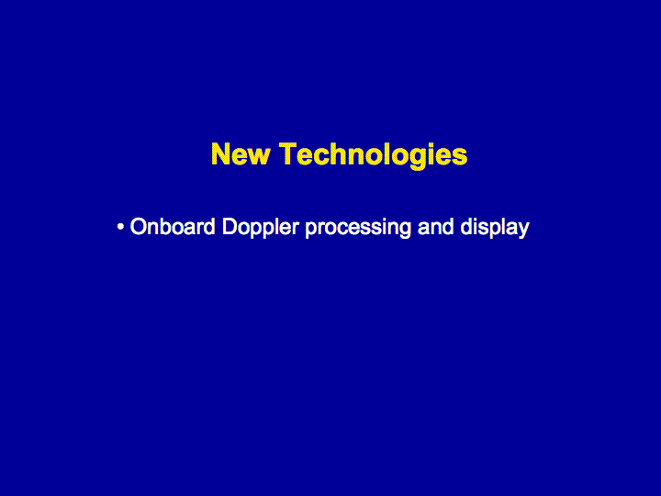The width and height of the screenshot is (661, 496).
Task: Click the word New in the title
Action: (241, 154)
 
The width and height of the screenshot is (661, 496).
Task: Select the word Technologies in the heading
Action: (374, 155)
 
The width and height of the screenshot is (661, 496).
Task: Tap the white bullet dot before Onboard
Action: (120, 227)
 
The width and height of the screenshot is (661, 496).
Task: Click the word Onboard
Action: (173, 227)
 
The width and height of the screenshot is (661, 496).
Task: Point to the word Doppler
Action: (261, 228)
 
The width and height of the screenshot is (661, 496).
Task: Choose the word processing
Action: (358, 228)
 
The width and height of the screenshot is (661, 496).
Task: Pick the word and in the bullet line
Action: (435, 227)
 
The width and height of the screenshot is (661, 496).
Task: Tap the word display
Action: (495, 228)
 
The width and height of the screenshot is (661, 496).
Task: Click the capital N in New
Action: (221, 154)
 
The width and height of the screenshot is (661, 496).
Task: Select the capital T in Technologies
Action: (288, 154)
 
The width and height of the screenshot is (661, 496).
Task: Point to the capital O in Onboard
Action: (139, 227)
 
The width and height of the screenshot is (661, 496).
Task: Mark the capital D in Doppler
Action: (230, 227)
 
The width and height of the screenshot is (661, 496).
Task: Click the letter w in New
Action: (259, 157)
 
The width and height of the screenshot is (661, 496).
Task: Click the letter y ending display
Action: (523, 231)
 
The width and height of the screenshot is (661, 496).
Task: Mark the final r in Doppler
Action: (296, 229)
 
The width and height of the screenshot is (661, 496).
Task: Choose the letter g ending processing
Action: (405, 231)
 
